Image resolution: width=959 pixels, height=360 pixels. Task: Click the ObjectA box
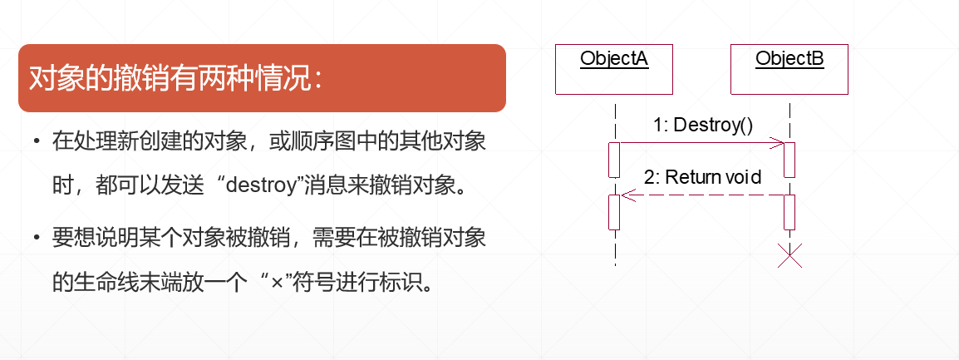pos(614,67)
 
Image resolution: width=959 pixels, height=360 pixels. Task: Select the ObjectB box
pos(789,67)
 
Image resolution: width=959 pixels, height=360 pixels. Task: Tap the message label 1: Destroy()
pos(702,125)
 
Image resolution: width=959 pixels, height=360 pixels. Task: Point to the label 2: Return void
pos(703,176)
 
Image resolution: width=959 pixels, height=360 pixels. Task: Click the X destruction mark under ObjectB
pos(789,255)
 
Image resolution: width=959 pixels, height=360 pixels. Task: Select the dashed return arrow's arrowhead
pos(628,196)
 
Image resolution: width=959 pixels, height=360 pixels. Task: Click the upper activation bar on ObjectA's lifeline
pos(614,160)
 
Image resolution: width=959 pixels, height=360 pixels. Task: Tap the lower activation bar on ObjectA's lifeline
pos(614,211)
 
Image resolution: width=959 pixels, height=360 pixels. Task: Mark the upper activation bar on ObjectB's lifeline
pos(789,160)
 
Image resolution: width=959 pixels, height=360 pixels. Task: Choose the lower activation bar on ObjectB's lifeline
pos(789,211)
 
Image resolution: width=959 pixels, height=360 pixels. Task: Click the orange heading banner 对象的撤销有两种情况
pos(262,78)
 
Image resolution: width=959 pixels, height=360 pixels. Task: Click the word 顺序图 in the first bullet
pos(332,140)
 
